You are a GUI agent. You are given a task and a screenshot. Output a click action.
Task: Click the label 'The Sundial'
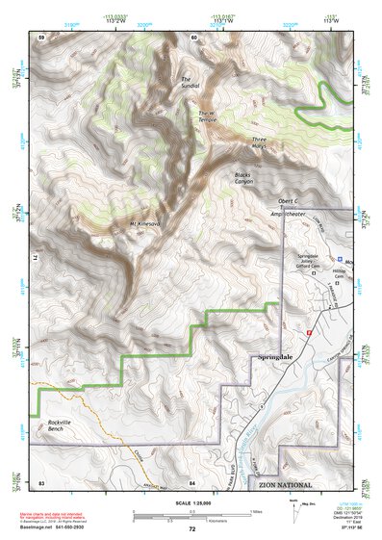click(187, 84)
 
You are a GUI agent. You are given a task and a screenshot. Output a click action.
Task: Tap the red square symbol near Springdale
click(309, 331)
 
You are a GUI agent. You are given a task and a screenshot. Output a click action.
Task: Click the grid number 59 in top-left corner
click(41, 37)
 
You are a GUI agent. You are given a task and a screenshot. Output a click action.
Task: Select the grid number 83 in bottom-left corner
click(41, 480)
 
